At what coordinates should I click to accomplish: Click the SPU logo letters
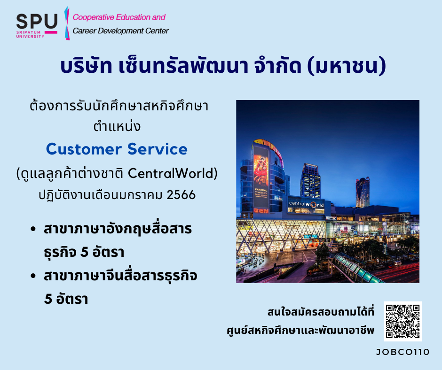tap(37, 21)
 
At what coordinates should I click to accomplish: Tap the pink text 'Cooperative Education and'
tap(119, 17)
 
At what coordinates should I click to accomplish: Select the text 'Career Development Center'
tap(121, 31)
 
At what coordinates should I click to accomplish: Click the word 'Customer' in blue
tap(84, 149)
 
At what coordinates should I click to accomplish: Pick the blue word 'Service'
tap(158, 149)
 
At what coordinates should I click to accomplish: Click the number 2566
tap(181, 194)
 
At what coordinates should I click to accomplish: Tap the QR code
tap(403, 321)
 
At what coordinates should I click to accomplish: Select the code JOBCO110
tap(403, 352)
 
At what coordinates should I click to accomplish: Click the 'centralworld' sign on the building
tap(306, 204)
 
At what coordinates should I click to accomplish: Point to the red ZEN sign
tap(261, 210)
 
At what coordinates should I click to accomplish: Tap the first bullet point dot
tap(33, 229)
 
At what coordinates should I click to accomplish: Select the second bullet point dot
tap(33, 276)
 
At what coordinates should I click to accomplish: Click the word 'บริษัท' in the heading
tap(86, 66)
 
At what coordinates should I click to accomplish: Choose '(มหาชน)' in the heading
tap(347, 67)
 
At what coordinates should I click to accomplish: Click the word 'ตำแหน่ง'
tap(117, 126)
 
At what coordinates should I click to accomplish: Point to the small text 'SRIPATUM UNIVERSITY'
tap(30, 34)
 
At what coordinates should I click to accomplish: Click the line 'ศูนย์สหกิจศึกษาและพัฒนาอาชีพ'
tap(300, 330)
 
